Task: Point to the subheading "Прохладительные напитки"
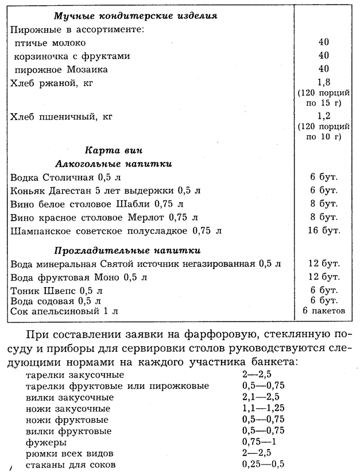click(x=127, y=251)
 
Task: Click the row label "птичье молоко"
click(x=51, y=43)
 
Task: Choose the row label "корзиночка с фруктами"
click(x=72, y=56)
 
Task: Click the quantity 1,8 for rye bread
click(x=324, y=82)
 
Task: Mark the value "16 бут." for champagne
click(x=324, y=230)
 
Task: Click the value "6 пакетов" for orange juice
click(x=324, y=311)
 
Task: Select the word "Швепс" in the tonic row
click(x=62, y=291)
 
